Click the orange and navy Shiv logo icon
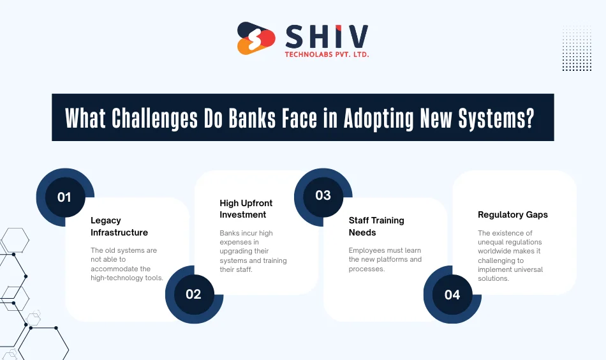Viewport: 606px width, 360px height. pyautogui.click(x=256, y=38)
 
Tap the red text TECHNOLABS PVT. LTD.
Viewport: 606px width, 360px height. pyautogui.click(x=327, y=55)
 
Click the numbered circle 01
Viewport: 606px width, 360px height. pyautogui.click(x=64, y=197)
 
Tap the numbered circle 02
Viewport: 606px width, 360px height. pyautogui.click(x=193, y=294)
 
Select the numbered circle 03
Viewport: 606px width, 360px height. pyautogui.click(x=323, y=195)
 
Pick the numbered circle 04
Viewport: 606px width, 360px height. pyautogui.click(x=452, y=295)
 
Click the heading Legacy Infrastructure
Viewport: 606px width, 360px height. pyautogui.click(x=119, y=227)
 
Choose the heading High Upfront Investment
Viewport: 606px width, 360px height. pyautogui.click(x=246, y=209)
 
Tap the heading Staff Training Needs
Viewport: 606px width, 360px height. pyautogui.click(x=376, y=226)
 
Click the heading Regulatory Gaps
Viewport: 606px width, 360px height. pyautogui.click(x=512, y=215)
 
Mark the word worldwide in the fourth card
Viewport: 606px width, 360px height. pyautogui.click(x=495, y=251)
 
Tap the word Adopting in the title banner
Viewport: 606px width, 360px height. pyautogui.click(x=378, y=118)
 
